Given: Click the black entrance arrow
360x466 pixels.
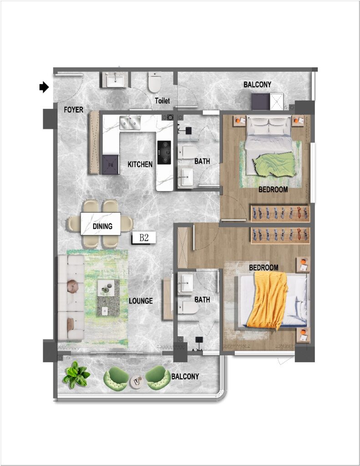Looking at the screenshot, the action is click(x=44, y=87).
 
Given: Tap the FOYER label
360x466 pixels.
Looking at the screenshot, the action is click(x=73, y=110).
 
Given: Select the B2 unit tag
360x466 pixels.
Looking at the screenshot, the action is click(x=144, y=238).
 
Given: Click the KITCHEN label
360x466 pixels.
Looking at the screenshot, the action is click(x=140, y=164).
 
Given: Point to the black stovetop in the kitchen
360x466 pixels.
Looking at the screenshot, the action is click(x=164, y=152).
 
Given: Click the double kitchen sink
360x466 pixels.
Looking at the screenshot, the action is click(x=130, y=123).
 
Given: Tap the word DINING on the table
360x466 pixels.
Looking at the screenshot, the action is click(x=102, y=226).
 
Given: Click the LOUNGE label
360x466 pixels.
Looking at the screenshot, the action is click(x=141, y=301).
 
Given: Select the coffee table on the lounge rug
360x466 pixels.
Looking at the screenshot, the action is click(x=108, y=298).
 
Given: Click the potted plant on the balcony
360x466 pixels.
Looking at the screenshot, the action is click(x=76, y=375).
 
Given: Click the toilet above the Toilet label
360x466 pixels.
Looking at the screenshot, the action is click(x=155, y=82).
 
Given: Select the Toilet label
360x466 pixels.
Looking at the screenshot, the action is click(x=162, y=101).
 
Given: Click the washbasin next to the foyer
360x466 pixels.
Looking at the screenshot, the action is click(x=115, y=80).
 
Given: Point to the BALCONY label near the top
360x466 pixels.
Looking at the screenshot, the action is click(x=258, y=85).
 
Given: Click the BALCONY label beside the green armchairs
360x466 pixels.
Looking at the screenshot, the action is click(x=185, y=376).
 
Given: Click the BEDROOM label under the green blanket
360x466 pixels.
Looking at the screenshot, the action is click(x=273, y=189).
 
